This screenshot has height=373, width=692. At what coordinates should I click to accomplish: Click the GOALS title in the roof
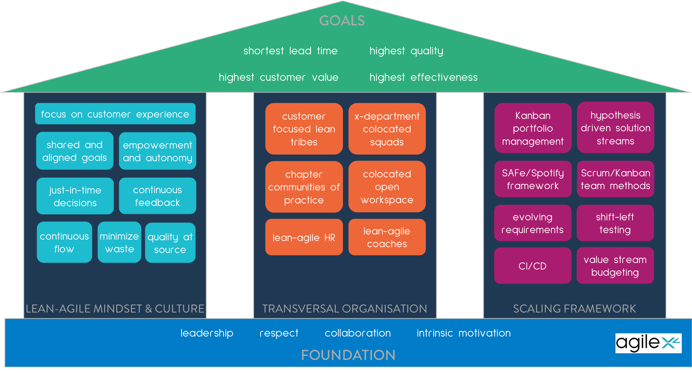[342, 21]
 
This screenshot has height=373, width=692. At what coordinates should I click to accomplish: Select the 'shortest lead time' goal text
[290, 51]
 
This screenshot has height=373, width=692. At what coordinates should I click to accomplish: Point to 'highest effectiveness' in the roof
[423, 77]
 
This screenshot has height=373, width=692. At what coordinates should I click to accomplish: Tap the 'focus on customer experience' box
[115, 114]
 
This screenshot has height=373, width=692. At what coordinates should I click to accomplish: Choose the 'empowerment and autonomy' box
[157, 151]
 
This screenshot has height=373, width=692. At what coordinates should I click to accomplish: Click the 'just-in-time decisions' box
[75, 196]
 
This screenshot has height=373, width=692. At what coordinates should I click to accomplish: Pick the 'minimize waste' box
[119, 242]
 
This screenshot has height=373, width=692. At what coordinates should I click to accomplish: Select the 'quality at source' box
[170, 243]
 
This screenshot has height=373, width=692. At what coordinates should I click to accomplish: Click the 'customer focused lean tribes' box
[304, 129]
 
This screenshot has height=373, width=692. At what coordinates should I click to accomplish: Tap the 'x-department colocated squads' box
[387, 129]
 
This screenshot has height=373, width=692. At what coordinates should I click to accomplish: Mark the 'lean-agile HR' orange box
[304, 238]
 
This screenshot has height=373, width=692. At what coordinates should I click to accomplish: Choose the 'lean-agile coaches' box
[387, 238]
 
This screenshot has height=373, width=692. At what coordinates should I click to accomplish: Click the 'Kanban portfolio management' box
[533, 128]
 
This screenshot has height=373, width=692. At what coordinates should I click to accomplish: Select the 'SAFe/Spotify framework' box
[533, 179]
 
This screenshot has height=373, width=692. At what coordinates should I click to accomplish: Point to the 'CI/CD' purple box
[532, 266]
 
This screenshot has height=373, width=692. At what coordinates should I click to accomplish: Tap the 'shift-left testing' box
[615, 223]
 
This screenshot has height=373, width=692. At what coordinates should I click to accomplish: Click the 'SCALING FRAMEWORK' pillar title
[574, 308]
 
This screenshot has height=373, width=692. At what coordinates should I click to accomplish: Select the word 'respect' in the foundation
[279, 333]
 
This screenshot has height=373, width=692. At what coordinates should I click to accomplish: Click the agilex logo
[648, 343]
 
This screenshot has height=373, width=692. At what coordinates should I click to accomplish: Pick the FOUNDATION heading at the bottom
[348, 355]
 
